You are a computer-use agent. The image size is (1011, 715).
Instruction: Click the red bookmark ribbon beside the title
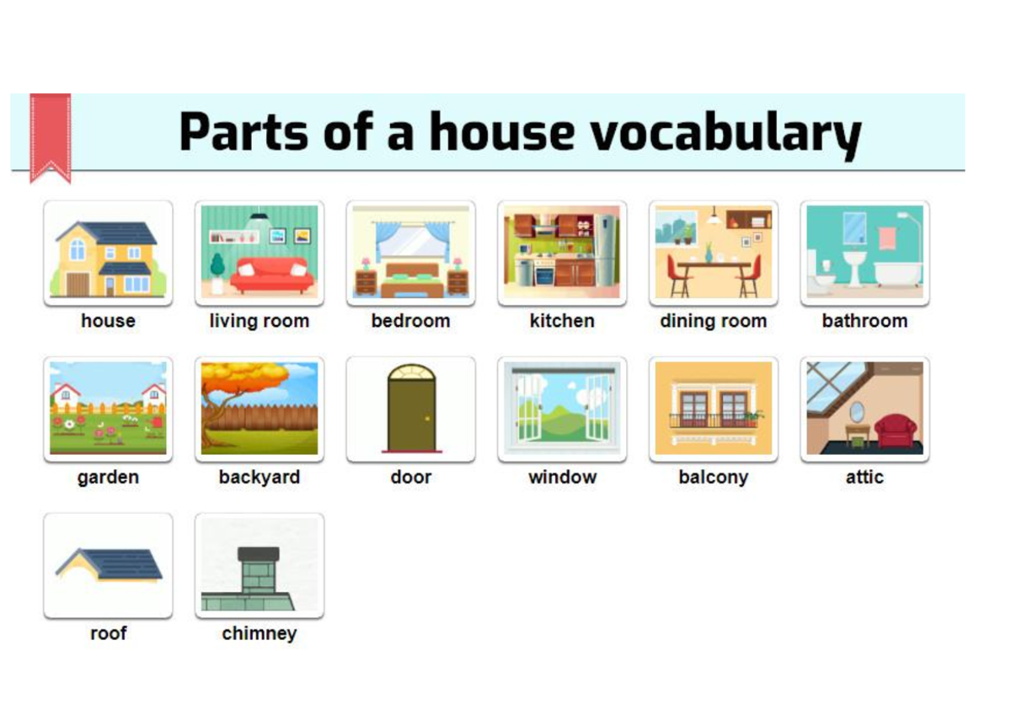click(50, 136)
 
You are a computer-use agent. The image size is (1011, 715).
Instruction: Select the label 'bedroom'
click(410, 321)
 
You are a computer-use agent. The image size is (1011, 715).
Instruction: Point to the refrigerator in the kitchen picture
click(606, 249)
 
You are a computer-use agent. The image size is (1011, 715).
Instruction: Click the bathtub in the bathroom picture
click(897, 273)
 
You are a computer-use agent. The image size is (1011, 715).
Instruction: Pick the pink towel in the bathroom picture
click(887, 237)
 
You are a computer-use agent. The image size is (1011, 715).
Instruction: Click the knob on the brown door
click(428, 418)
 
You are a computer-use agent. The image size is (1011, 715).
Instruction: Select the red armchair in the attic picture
click(895, 432)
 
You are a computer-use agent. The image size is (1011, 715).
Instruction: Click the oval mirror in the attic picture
click(856, 412)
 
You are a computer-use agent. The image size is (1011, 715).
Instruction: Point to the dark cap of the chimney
click(259, 554)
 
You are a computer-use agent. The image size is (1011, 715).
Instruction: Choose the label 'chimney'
click(259, 633)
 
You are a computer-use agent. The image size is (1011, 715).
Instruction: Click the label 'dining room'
click(713, 321)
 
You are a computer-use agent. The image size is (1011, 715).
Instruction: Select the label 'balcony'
click(713, 477)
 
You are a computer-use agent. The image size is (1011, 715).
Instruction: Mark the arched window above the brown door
click(411, 372)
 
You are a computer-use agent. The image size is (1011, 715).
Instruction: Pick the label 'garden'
click(108, 477)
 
